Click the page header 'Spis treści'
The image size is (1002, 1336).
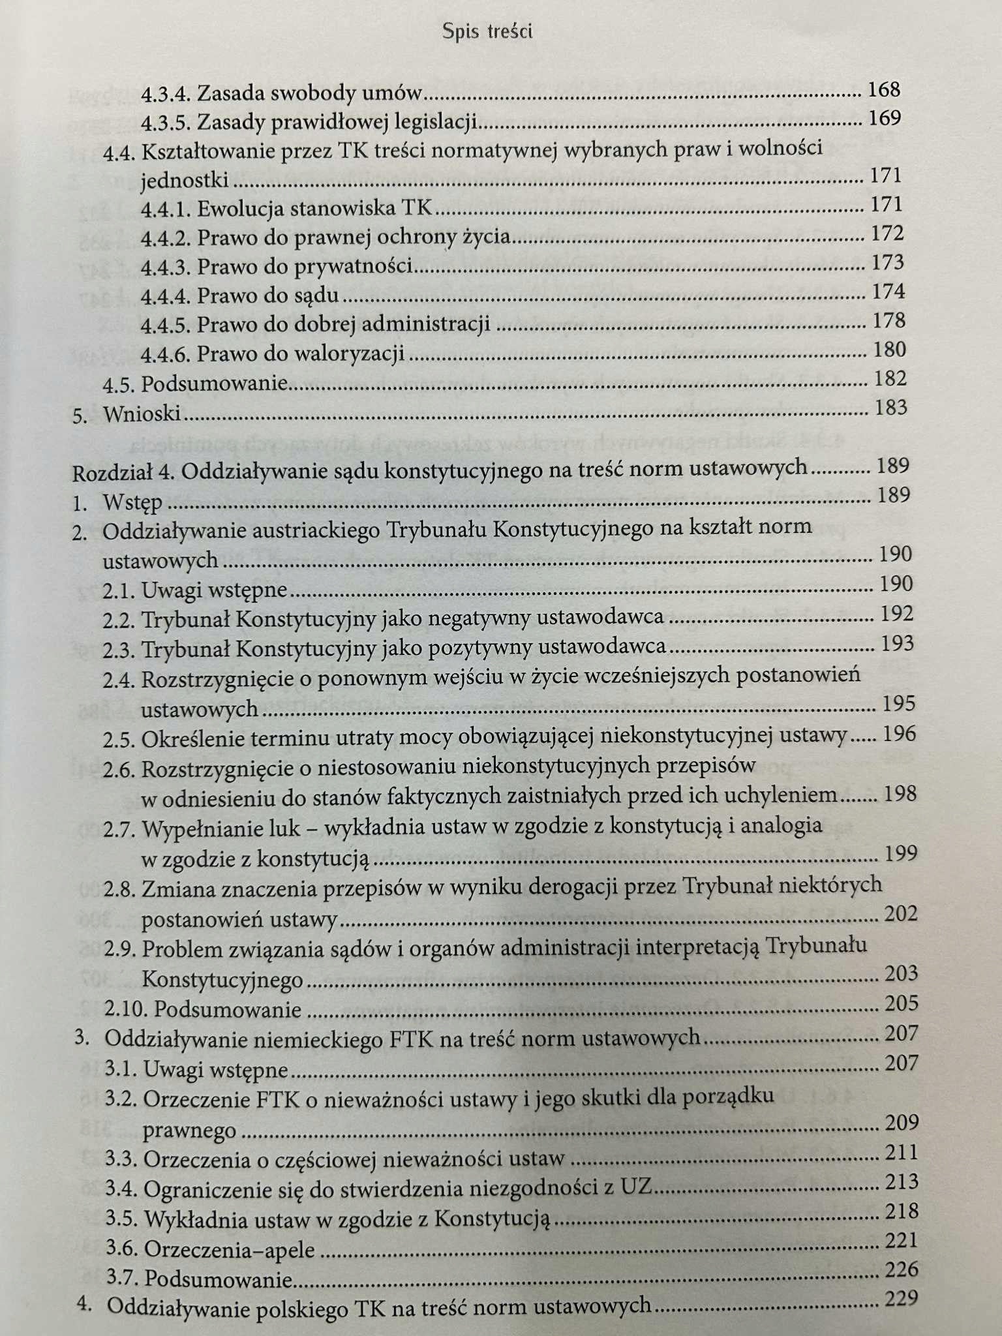(487, 31)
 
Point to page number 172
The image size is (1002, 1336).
(888, 234)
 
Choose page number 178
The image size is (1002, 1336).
(889, 321)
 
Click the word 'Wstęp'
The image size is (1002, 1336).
(132, 503)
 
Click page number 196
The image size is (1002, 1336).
(899, 735)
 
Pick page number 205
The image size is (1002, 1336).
(901, 1003)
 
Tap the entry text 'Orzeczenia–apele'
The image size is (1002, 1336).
(229, 1250)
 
